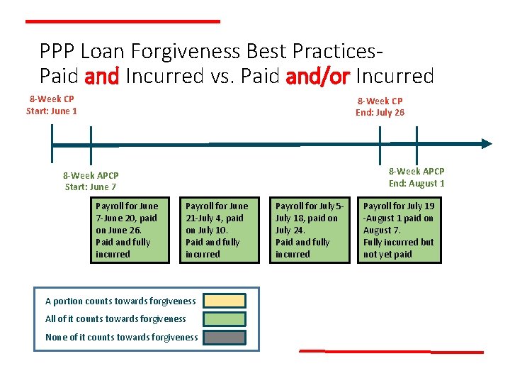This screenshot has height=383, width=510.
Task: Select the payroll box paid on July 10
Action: (x=220, y=230)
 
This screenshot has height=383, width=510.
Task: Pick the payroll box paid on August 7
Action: (x=400, y=230)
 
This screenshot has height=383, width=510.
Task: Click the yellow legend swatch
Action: (x=224, y=301)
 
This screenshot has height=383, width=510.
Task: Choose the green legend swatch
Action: (x=224, y=319)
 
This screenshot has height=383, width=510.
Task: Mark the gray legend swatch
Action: (x=224, y=338)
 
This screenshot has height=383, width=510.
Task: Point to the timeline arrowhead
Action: (x=486, y=143)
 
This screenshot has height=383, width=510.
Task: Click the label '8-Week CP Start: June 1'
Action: (x=52, y=105)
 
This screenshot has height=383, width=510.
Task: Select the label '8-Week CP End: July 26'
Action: (x=380, y=106)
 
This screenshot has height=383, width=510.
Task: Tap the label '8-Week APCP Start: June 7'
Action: (x=91, y=181)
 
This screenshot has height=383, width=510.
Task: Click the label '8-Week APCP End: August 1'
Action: (x=416, y=177)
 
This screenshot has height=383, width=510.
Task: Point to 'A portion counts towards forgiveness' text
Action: (x=120, y=301)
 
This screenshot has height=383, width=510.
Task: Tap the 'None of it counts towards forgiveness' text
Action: (x=121, y=338)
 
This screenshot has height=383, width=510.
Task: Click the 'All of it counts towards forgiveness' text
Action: (x=115, y=319)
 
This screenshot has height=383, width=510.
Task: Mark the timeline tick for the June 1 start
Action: (x=52, y=144)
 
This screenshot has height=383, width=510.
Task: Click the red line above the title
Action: (x=123, y=21)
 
